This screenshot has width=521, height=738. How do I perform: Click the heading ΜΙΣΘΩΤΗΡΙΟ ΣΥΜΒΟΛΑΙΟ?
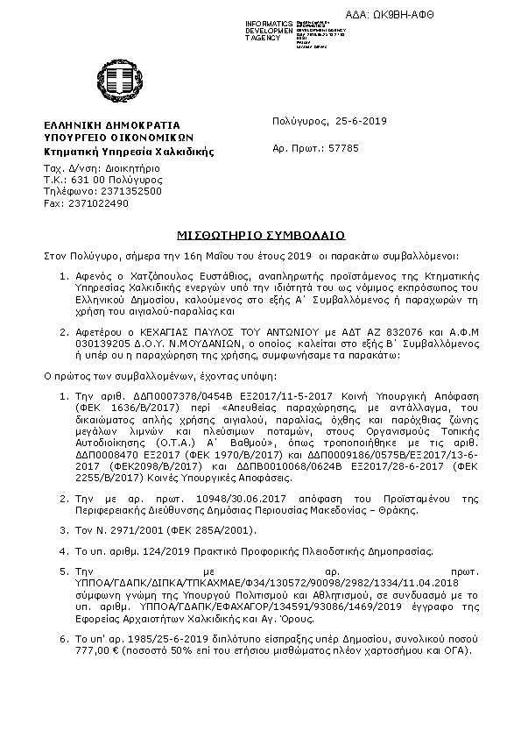pyautogui.click(x=259, y=235)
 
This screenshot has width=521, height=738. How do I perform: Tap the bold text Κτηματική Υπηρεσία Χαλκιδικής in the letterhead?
pyautogui.click(x=129, y=152)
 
